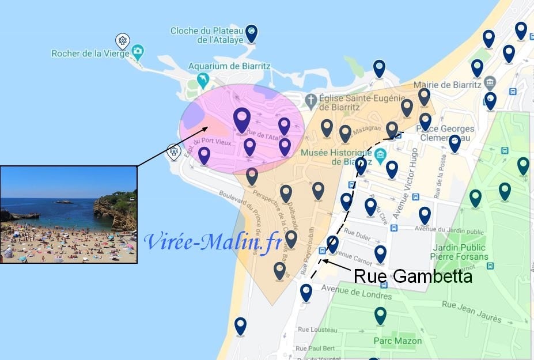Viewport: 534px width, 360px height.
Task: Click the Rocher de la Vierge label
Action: (x=90, y=54)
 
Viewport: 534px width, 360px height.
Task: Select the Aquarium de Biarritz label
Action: (x=229, y=66)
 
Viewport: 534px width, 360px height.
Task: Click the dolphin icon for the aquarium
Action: (x=203, y=79)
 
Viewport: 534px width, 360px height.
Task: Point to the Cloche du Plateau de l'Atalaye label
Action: (x=207, y=35)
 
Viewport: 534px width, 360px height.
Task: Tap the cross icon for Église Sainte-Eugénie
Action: (x=311, y=100)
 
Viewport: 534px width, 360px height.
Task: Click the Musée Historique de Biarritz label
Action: (x=336, y=157)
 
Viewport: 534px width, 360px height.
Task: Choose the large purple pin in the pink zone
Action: (x=242, y=119)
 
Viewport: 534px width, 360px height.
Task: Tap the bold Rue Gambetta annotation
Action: (x=412, y=276)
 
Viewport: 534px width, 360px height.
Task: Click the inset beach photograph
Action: (x=69, y=214)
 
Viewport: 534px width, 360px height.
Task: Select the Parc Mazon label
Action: (x=397, y=340)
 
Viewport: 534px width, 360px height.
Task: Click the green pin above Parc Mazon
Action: (x=380, y=315)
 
